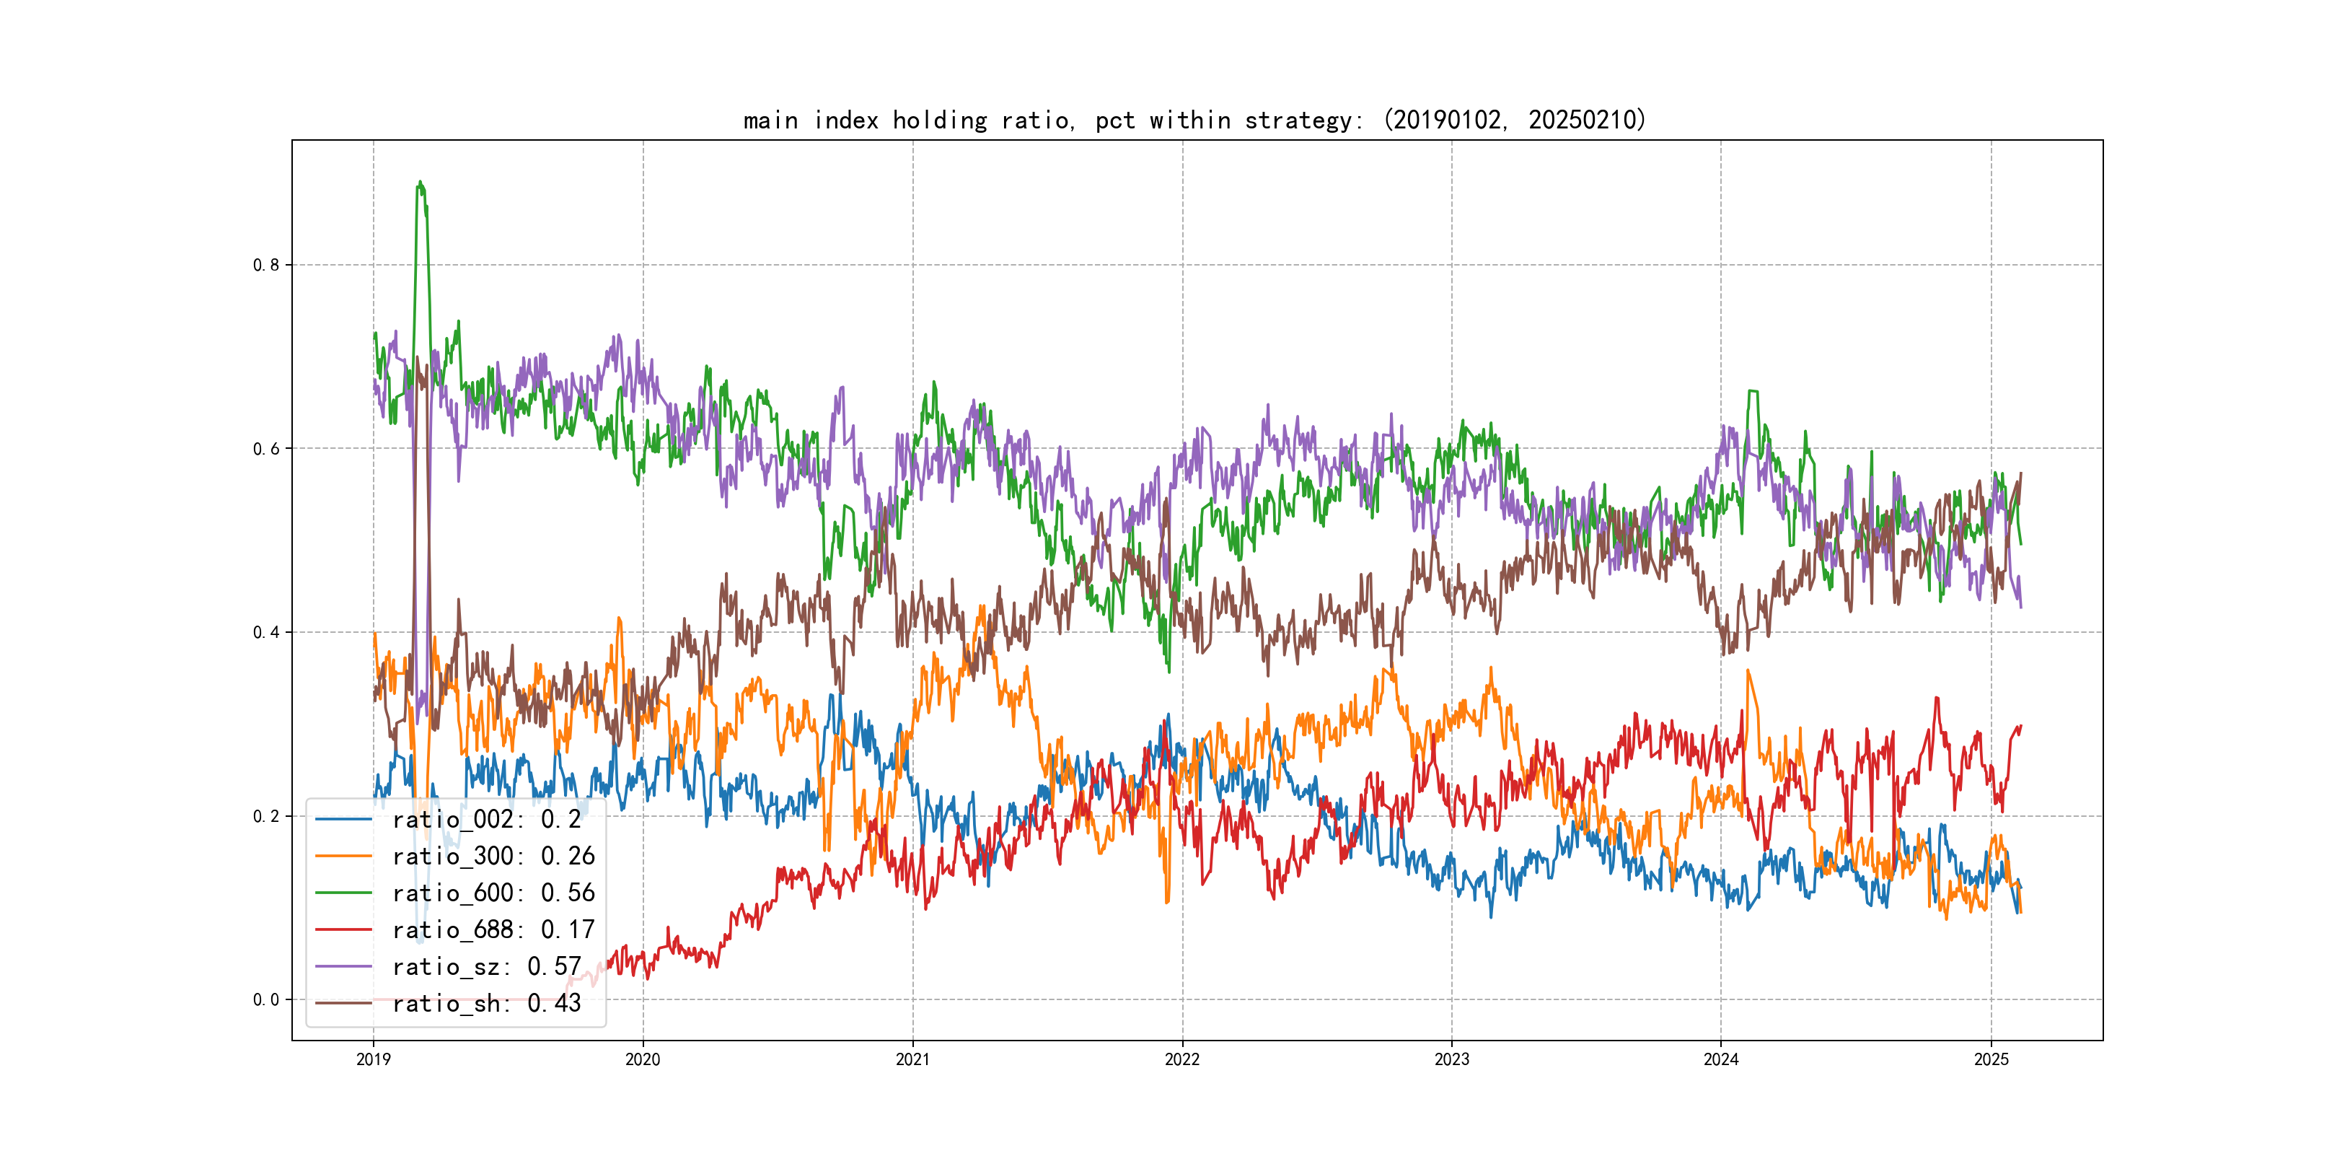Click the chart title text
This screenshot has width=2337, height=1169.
pos(1194,120)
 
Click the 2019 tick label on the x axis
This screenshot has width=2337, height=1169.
pos(373,1059)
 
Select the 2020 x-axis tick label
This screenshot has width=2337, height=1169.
pos(642,1059)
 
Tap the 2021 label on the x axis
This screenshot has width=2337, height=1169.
pos(912,1059)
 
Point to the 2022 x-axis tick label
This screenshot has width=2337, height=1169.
pos(1182,1059)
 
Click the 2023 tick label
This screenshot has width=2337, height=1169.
pos(1451,1059)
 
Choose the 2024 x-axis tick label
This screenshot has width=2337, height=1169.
pos(1721,1059)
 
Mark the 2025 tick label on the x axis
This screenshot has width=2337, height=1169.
pos(1991,1059)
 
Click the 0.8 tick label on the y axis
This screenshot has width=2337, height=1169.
pos(266,265)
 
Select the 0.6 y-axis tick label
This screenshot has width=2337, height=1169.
pos(266,448)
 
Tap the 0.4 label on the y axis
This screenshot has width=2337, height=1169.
pos(266,633)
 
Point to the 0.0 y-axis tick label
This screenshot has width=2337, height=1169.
pos(266,1000)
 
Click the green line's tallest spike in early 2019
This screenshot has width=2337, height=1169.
pos(419,183)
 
